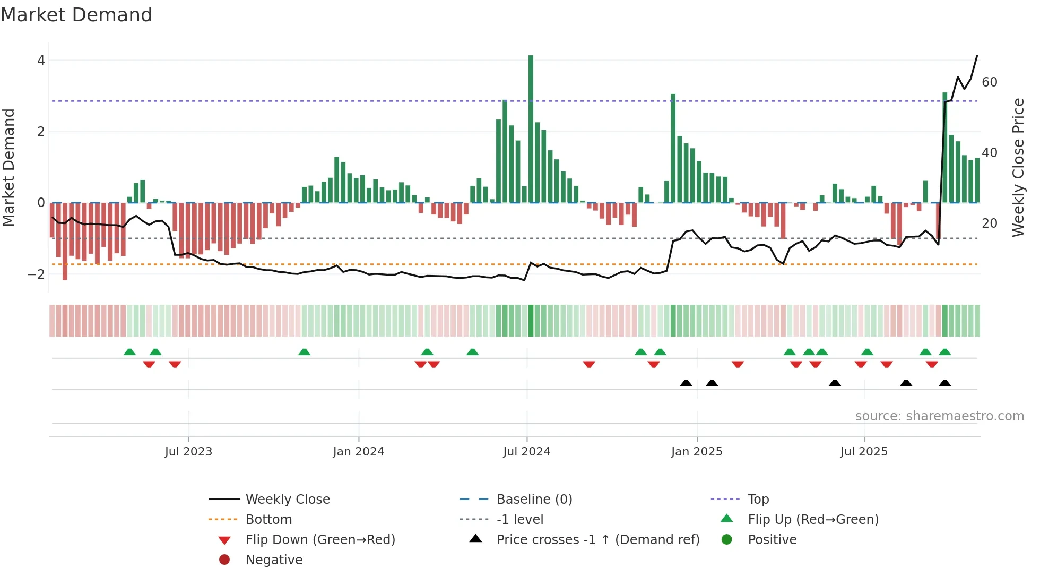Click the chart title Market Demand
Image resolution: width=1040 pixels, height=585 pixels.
click(x=76, y=15)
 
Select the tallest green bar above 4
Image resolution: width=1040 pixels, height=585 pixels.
click(x=531, y=127)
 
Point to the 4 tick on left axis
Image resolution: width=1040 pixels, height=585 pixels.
click(x=41, y=61)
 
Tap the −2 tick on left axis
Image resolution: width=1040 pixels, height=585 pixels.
click(x=37, y=274)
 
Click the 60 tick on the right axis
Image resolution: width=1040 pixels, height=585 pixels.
click(x=989, y=82)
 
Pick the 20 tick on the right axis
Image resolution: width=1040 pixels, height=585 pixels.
click(x=989, y=223)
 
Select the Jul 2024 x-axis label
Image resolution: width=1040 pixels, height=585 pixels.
click(x=526, y=452)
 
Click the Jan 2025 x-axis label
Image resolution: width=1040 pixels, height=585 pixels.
click(x=696, y=452)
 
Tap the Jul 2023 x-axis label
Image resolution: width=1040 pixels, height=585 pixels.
click(x=188, y=452)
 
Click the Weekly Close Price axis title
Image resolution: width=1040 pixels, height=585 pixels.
click(x=1018, y=167)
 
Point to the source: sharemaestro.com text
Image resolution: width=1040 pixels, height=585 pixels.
click(x=939, y=416)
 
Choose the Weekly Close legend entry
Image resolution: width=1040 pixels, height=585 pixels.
click(x=287, y=500)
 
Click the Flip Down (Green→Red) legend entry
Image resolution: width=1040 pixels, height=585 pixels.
click(x=320, y=540)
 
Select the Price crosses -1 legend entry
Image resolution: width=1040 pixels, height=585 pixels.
click(x=598, y=540)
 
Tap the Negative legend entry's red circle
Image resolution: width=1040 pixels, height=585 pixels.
click(x=224, y=560)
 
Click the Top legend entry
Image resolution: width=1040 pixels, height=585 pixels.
click(x=758, y=500)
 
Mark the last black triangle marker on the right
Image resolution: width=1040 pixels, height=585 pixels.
click(x=944, y=383)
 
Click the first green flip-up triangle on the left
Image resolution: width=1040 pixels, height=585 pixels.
click(x=129, y=352)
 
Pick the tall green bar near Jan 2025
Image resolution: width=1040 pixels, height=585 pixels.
click(x=673, y=149)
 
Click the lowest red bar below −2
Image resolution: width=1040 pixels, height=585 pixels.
click(x=65, y=242)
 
